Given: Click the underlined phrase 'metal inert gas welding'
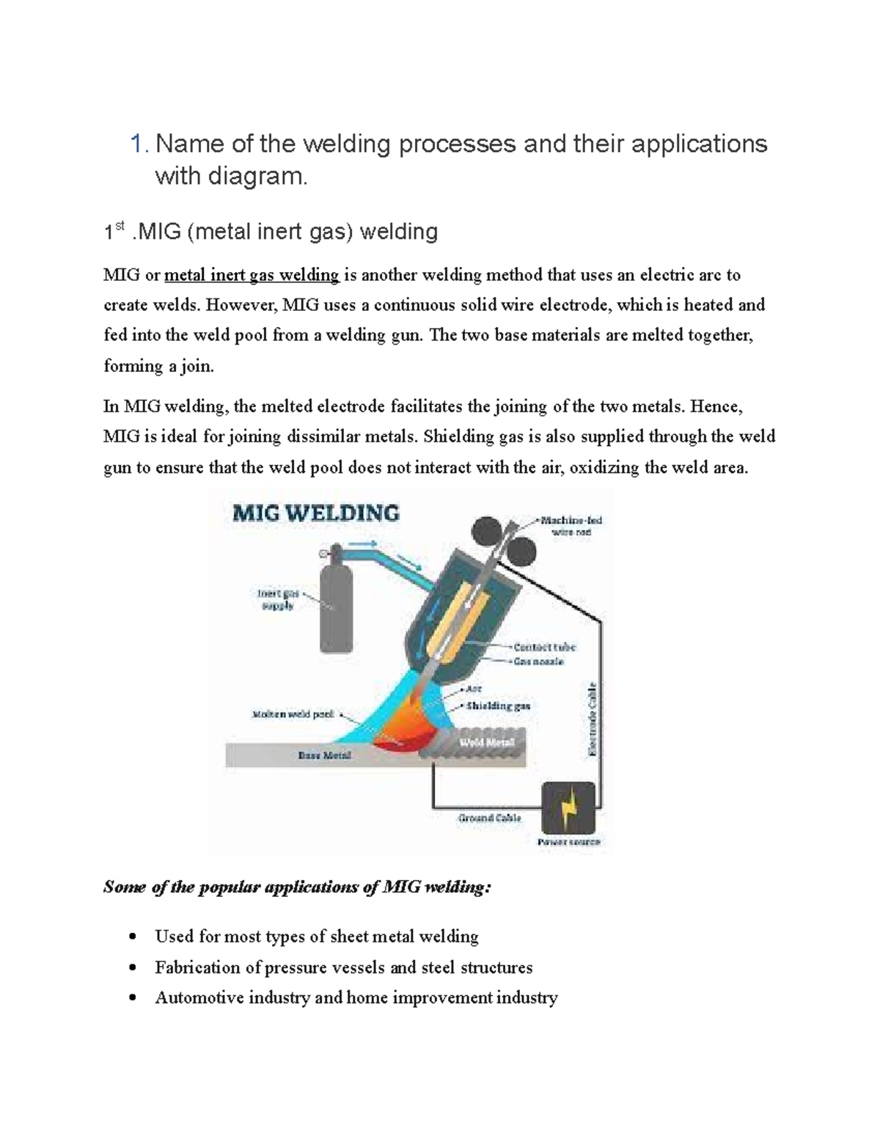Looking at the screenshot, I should [x=252, y=275].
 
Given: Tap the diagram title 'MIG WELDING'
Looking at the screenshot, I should [x=315, y=513].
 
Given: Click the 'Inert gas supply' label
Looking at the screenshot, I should [x=277, y=599].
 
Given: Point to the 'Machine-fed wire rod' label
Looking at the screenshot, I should [x=571, y=526].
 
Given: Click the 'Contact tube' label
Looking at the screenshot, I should [x=544, y=647].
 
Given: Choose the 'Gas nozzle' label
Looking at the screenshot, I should [x=539, y=662].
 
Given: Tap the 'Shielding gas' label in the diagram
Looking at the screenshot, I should [x=498, y=706].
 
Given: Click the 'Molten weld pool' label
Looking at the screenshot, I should [x=292, y=714].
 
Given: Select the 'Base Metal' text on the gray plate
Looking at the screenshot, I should [x=324, y=755].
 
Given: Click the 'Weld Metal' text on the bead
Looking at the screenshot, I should [x=486, y=742].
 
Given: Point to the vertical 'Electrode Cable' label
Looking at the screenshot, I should [x=593, y=719].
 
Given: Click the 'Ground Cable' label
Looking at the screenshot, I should [x=489, y=818].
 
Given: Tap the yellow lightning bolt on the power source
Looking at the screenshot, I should [x=569, y=807].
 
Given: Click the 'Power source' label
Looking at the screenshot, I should [x=568, y=842].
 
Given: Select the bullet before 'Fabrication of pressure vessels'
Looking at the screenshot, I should [x=132, y=967].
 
